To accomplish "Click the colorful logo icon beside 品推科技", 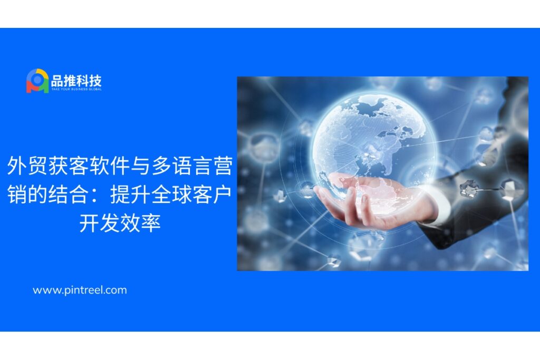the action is click(37, 81).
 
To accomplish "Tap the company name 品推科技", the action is click(76, 81).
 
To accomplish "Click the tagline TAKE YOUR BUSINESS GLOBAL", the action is click(76, 90).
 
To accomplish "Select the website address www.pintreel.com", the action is click(80, 290).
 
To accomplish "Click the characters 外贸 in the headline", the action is click(27, 166).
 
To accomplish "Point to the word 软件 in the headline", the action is click(110, 166).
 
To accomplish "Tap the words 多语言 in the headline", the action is click(182, 166).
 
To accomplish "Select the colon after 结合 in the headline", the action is click(99, 196).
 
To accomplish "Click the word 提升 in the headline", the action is click(131, 194).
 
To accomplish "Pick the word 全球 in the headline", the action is click(171, 194).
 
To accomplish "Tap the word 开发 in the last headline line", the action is click(100, 223).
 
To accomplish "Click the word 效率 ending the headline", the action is click(140, 223).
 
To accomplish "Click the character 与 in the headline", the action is click(140, 166).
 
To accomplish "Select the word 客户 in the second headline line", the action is click(213, 194).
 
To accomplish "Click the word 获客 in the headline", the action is click(69, 166).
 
